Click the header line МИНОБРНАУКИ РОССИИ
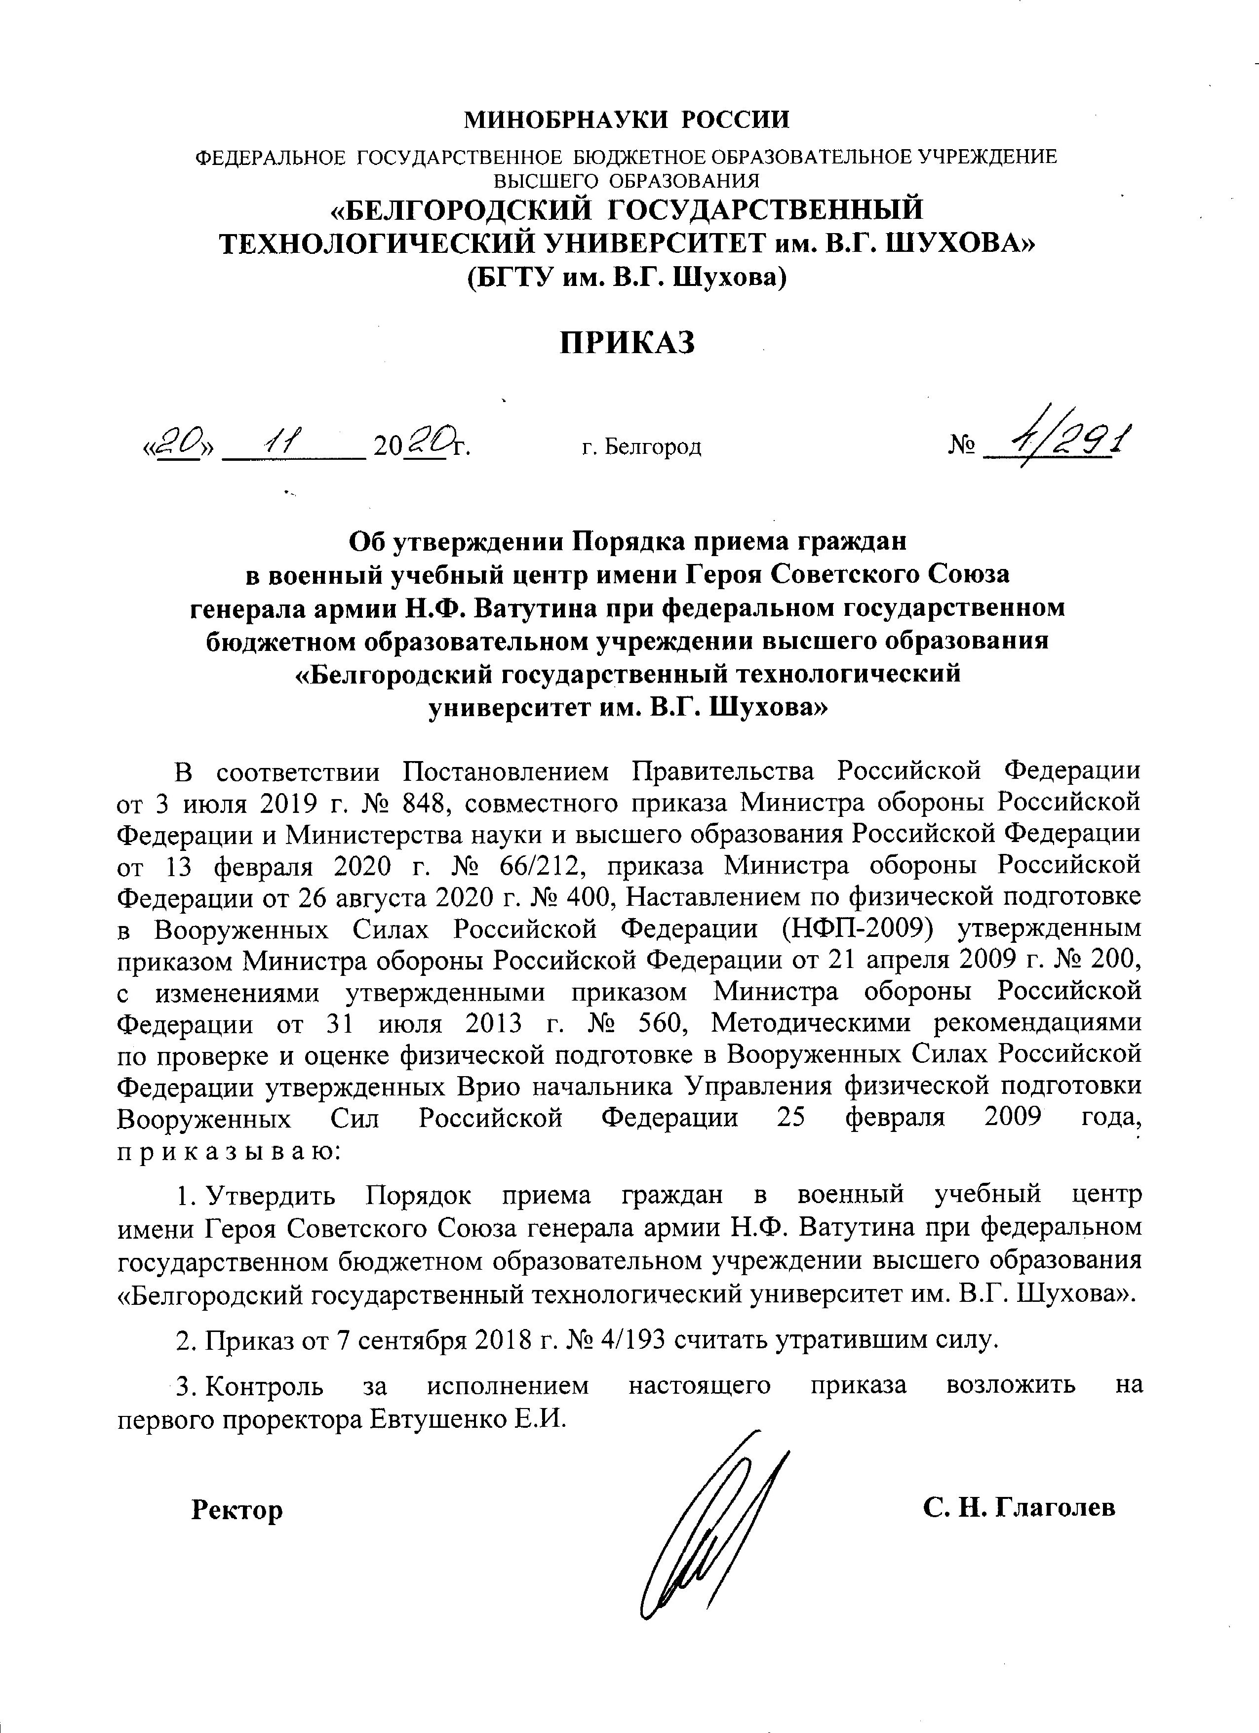point(628,120)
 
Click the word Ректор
point(237,1510)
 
